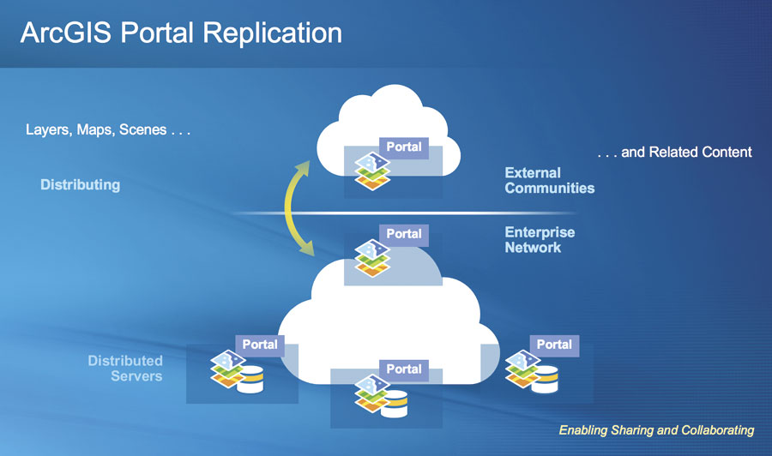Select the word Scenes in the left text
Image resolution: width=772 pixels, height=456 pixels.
coord(143,131)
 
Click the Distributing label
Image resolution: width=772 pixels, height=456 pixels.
coord(80,184)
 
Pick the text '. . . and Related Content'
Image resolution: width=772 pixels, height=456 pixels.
coord(674,153)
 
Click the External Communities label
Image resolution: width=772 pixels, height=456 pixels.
coord(549,180)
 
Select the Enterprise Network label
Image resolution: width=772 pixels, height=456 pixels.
coord(540,240)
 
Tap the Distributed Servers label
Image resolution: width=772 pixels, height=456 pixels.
coord(125,369)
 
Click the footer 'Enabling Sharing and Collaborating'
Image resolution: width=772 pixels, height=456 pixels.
coord(656,429)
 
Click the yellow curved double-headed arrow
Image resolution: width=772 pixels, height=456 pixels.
coord(295,210)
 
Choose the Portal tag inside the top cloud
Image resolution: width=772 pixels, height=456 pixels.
coord(403,147)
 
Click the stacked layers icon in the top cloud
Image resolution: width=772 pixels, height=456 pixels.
coord(371,170)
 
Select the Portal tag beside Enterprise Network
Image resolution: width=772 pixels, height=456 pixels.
coord(403,233)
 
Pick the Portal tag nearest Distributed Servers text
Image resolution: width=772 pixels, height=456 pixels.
coord(259,344)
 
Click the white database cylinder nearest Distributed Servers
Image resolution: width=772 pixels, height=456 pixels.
coord(250,381)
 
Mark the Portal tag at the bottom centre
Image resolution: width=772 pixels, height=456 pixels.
coord(403,369)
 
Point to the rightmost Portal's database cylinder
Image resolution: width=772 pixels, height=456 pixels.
coord(544,381)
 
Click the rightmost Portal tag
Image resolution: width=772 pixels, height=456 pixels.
coord(553,344)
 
